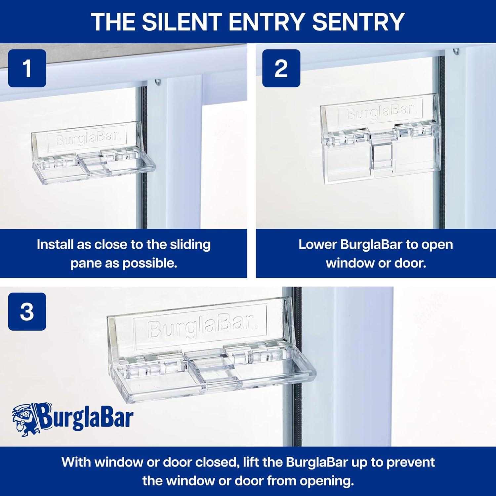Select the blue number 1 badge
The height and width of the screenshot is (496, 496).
click(27, 68)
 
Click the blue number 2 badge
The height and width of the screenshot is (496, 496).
click(281, 68)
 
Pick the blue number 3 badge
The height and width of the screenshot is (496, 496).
click(27, 311)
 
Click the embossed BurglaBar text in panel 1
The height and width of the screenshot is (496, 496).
click(87, 140)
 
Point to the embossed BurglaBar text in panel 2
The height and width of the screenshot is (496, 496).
click(380, 114)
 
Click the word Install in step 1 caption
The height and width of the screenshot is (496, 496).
click(55, 245)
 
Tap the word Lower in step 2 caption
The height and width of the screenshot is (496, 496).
click(318, 245)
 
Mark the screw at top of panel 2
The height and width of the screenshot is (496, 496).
click(456, 51)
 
